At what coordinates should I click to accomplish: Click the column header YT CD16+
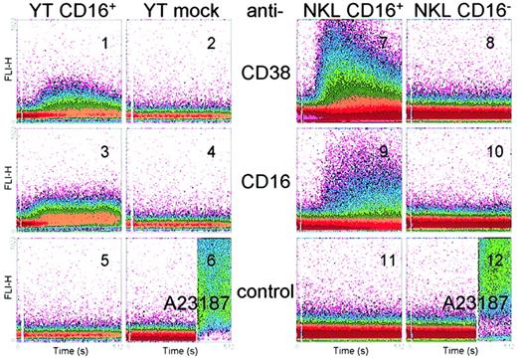(64, 11)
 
